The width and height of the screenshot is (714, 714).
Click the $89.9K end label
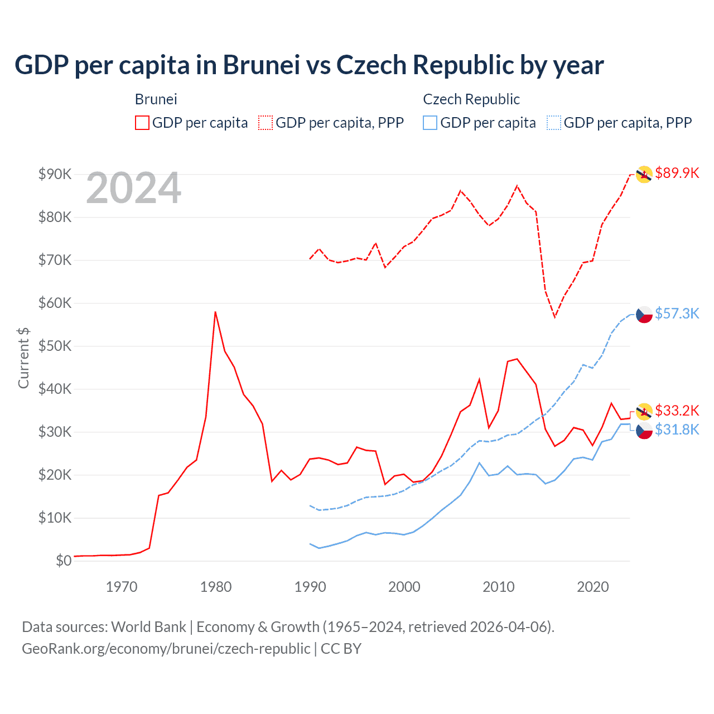677,173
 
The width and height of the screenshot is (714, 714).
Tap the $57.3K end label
677,313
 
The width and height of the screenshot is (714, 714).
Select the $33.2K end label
677,411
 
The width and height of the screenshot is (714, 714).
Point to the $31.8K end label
677,430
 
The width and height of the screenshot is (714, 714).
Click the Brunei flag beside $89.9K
644,174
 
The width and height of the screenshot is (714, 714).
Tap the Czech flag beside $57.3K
644,315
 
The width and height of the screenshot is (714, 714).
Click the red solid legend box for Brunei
142,123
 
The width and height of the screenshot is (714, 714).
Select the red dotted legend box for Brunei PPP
266,123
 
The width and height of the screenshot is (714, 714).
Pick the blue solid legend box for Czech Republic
430,123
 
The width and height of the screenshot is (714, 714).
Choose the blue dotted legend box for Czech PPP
554,123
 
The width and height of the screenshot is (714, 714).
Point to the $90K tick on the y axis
55,174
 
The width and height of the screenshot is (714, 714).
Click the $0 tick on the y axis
63,561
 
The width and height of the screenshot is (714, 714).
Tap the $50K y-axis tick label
55,346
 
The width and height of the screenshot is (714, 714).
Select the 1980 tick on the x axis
216,587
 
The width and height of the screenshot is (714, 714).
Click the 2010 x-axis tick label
498,587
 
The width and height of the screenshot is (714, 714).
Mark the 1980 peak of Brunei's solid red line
215,312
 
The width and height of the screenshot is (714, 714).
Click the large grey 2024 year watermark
133,189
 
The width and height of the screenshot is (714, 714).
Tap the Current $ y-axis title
23,358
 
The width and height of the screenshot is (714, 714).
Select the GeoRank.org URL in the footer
166,649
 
